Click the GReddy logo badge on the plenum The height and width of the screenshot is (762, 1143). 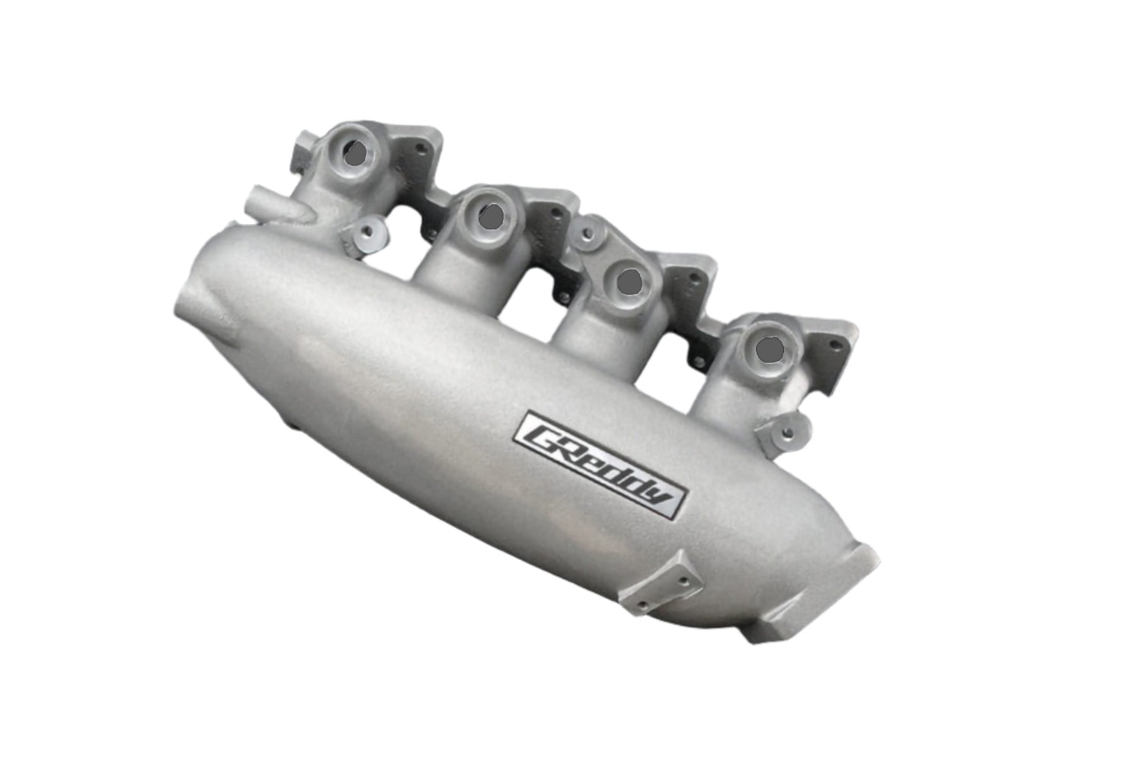tap(602, 463)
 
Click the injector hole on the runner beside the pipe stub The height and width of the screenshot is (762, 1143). tap(354, 155)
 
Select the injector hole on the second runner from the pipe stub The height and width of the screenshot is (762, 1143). tap(489, 216)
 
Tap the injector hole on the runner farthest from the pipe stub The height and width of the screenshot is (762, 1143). tap(770, 349)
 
